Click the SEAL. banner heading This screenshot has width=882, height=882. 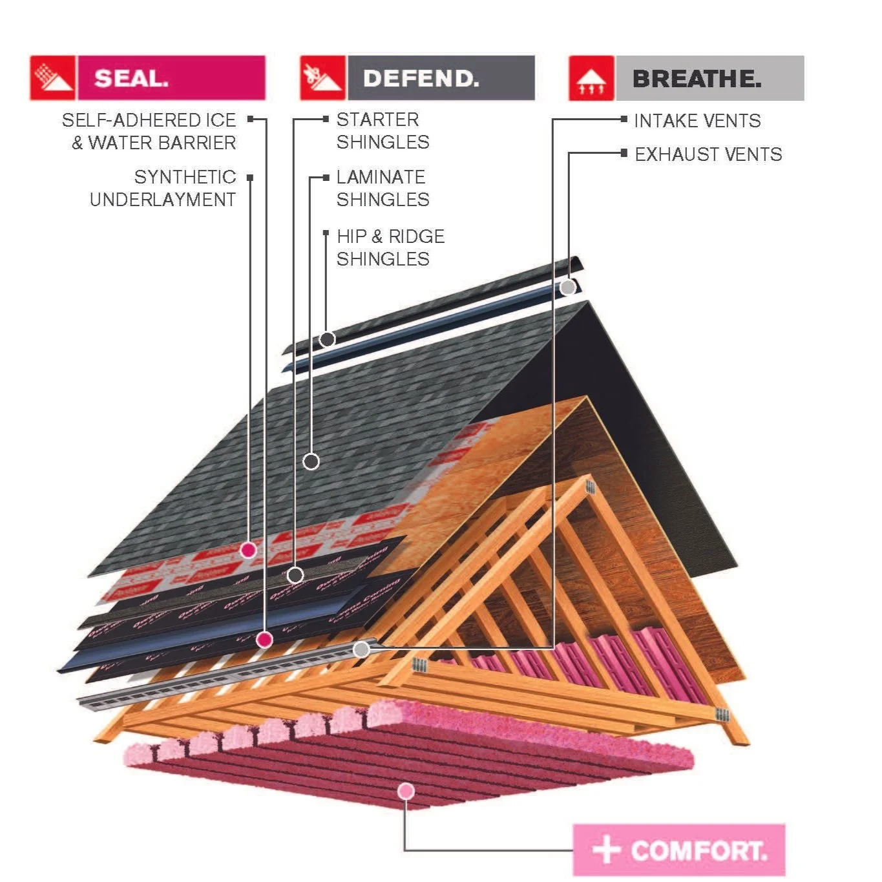171,78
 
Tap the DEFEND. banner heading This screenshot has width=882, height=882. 441,78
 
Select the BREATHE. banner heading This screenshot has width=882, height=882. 709,78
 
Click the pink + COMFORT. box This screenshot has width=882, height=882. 679,850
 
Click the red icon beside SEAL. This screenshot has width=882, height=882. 53,78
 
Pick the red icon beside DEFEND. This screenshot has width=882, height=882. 322,78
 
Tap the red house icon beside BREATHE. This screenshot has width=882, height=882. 591,78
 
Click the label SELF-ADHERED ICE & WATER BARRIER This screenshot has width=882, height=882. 149,131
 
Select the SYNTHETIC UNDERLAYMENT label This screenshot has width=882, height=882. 163,188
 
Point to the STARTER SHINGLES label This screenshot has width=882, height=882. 383,131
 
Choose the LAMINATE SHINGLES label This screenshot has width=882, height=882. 383,188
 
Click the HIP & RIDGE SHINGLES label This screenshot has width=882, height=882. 390,247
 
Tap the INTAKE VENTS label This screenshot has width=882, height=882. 697,121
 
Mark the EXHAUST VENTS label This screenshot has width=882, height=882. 708,154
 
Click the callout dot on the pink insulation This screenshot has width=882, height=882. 406,791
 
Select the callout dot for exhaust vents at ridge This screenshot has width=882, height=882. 568,287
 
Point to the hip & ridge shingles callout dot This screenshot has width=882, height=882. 328,339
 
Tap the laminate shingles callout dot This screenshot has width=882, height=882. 311,461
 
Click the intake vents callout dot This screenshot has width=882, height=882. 362,649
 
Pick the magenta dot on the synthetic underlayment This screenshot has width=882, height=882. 248,551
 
